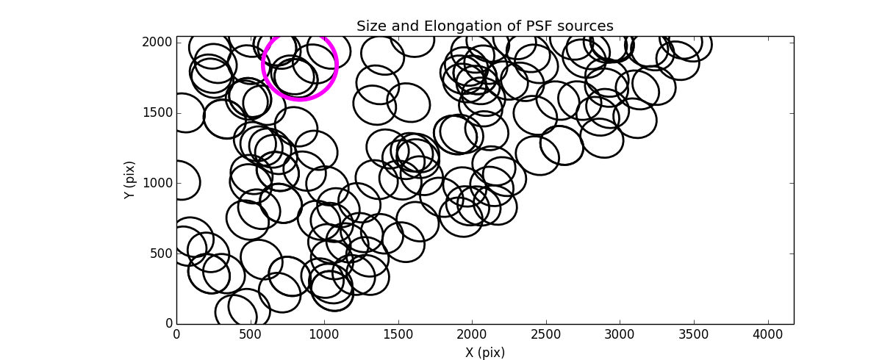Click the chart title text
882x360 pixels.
[x=484, y=26]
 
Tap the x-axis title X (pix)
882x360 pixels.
[x=484, y=353]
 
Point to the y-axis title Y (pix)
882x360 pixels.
[x=130, y=180]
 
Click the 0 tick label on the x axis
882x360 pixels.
[x=176, y=334]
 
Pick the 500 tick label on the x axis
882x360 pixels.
[x=251, y=334]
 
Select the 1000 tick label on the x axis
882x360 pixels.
[x=324, y=334]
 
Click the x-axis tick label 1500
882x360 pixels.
[x=398, y=334]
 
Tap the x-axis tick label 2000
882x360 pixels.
[x=473, y=334]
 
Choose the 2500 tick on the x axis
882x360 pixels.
[x=547, y=334]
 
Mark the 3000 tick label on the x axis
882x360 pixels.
[x=620, y=334]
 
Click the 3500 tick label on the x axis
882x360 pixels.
[x=695, y=334]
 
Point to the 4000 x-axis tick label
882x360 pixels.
[x=769, y=334]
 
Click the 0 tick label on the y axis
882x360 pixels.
[x=168, y=324]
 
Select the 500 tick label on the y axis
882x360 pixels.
[x=162, y=253]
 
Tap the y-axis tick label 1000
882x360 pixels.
[x=159, y=183]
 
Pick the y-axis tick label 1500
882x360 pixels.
[x=159, y=112]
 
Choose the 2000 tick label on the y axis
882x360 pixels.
[x=159, y=43]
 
